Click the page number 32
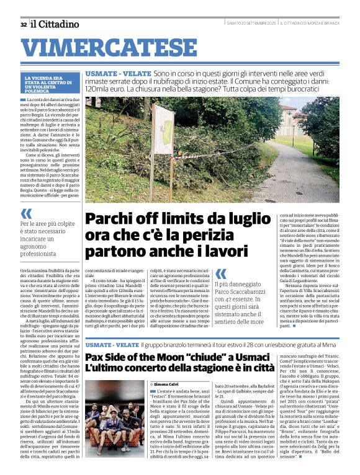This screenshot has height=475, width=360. (23, 24)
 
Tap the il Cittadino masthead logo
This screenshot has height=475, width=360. (55, 24)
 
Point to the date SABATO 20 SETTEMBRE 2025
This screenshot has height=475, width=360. (251, 24)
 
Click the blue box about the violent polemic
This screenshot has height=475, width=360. (52, 83)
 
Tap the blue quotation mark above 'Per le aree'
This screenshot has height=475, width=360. (27, 214)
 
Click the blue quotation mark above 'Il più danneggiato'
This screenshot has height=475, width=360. (221, 273)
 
